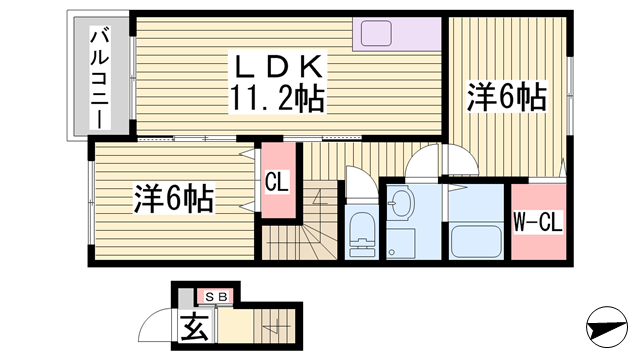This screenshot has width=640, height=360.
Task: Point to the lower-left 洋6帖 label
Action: [173, 199]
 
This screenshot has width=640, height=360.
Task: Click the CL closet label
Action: [279, 183]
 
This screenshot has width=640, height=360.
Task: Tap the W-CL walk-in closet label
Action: [537, 222]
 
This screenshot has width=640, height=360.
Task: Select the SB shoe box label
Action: [216, 296]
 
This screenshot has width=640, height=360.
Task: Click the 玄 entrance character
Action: [193, 327]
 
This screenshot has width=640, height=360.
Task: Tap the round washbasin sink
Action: [403, 206]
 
